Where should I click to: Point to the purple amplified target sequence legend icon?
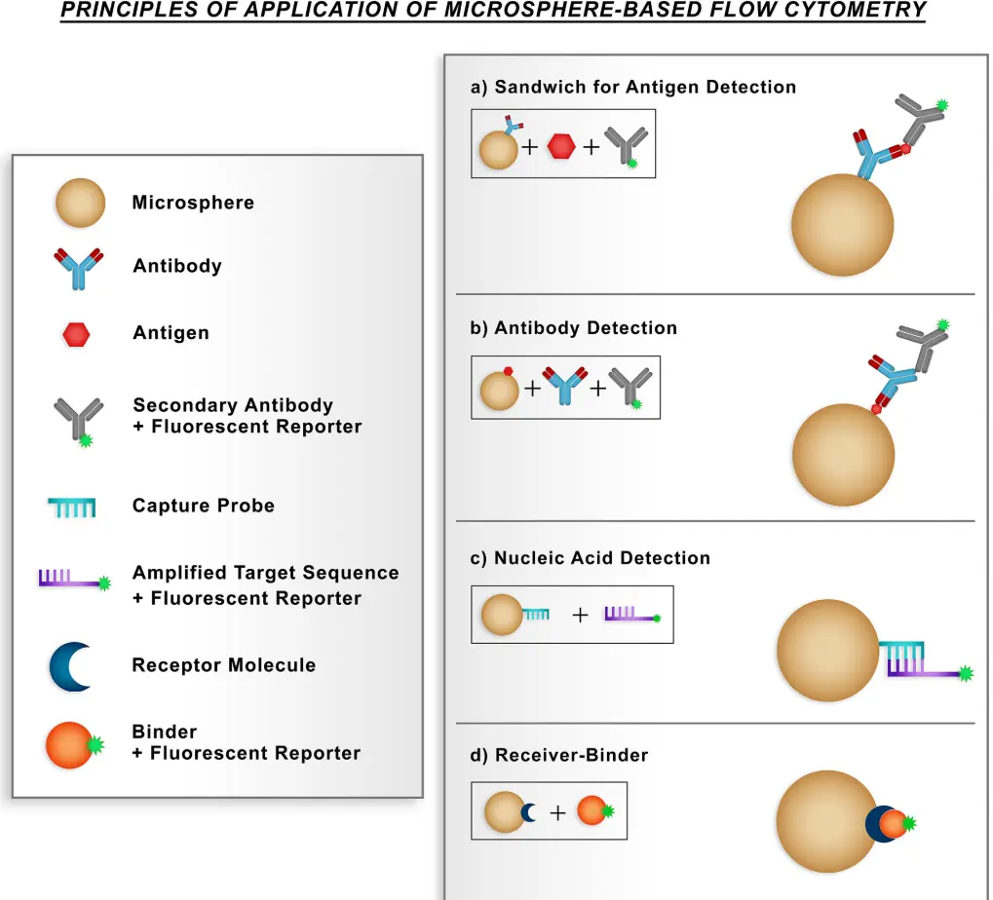point(74,581)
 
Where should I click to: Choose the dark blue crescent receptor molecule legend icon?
point(71,666)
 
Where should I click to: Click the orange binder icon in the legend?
point(70,745)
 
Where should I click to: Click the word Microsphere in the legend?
point(193,203)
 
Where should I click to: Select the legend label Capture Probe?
point(204,506)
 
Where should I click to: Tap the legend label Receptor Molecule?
point(224,665)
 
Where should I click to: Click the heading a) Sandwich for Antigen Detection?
point(633,87)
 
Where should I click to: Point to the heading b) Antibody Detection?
point(574,328)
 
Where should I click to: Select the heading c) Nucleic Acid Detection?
point(591,558)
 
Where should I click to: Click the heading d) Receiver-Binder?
point(559,755)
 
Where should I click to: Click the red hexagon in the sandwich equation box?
point(560,147)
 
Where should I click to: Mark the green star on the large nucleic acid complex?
point(966,673)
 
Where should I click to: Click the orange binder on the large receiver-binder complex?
point(894,825)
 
